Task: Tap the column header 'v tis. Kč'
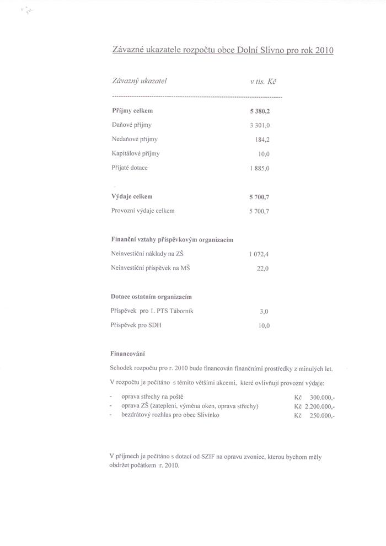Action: click(263, 81)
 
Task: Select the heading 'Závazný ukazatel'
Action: click(139, 81)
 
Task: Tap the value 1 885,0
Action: click(259, 168)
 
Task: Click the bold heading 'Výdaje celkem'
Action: click(132, 196)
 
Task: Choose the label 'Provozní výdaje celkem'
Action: click(143, 210)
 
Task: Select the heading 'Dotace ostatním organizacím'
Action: click(151, 297)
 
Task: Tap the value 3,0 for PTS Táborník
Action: click(264, 311)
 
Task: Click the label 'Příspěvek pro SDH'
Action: click(136, 325)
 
